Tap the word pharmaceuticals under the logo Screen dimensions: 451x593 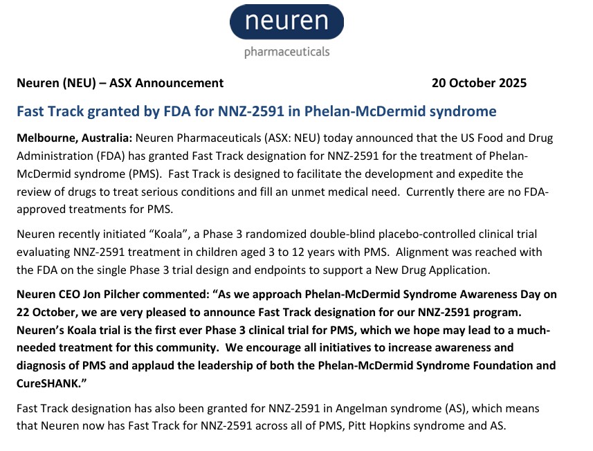pyautogui.click(x=286, y=52)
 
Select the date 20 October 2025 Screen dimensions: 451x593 pyautogui.click(x=479, y=83)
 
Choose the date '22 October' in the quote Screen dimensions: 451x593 pyautogui.click(x=47, y=311)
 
